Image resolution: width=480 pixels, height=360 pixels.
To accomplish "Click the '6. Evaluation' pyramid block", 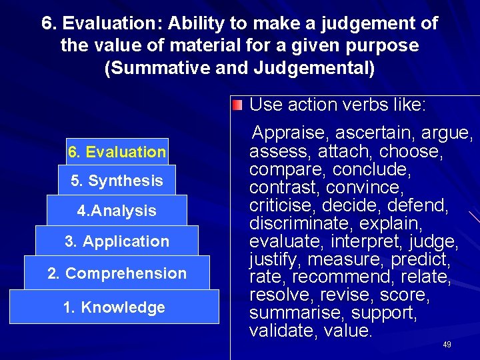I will pyautogui.click(x=117, y=152).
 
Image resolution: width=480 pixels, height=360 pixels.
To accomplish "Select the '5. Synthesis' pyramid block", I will pyautogui.click(x=117, y=181).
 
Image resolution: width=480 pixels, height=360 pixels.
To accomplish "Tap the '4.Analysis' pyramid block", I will pyautogui.click(x=117, y=211).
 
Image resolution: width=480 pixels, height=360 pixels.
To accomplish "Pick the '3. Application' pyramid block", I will pyautogui.click(x=117, y=241).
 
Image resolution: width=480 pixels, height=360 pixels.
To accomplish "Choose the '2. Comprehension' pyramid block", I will pyautogui.click(x=117, y=273).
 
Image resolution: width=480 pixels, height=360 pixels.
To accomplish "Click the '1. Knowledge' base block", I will pyautogui.click(x=114, y=307).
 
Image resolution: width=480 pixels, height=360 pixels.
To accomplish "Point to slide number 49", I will pyautogui.click(x=447, y=345).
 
